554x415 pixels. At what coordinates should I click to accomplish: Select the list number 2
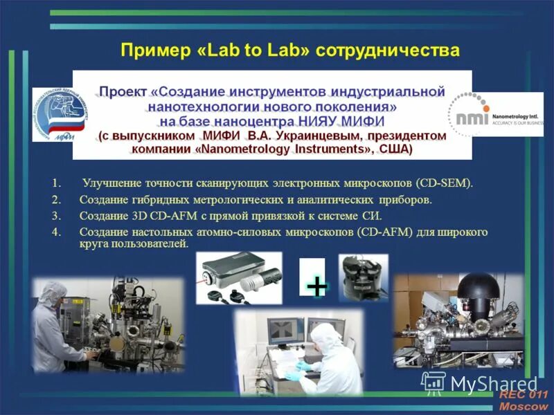[x=56, y=200]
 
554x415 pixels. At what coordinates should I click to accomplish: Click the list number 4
[x=56, y=232]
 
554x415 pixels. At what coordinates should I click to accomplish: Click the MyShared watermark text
[x=494, y=382]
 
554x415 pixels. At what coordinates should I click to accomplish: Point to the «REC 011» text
[x=523, y=394]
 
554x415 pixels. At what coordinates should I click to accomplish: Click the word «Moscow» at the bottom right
[x=523, y=407]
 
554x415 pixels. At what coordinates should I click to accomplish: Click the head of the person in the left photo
[x=48, y=295]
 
